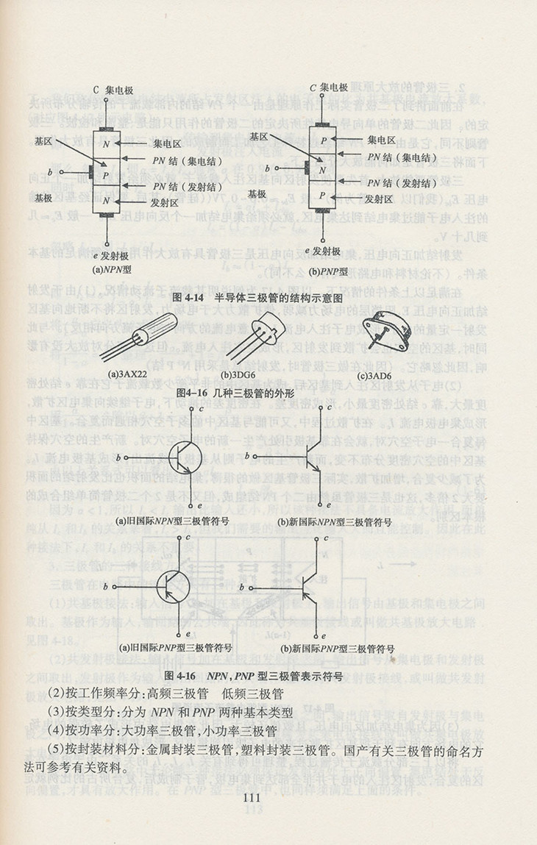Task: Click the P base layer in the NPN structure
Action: [x=106, y=176]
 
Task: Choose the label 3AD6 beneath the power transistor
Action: [x=374, y=376]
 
